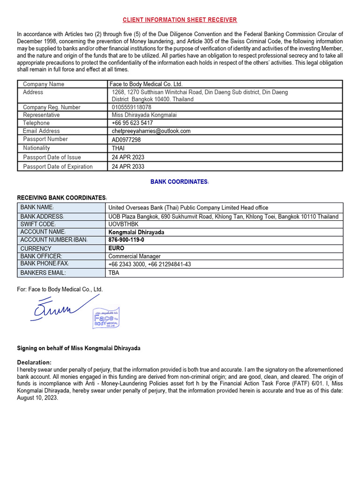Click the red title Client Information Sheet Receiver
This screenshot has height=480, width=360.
tap(180, 20)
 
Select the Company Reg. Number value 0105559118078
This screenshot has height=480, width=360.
tap(131, 107)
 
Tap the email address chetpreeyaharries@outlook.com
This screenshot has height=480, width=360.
tap(151, 131)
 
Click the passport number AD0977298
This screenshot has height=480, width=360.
tap(126, 140)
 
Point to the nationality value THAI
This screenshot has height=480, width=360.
tap(118, 148)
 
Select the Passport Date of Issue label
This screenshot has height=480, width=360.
tap(52, 157)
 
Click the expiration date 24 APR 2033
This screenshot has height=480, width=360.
tap(128, 167)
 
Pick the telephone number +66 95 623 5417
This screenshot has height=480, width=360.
tap(132, 123)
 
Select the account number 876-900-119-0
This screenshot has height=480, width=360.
tap(127, 240)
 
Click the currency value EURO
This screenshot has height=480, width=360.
tap(116, 248)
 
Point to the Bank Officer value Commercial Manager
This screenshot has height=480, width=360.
tap(135, 256)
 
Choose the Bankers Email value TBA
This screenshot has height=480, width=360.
tap(114, 273)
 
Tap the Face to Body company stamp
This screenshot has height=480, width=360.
tap(106, 319)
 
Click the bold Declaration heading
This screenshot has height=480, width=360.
tap(34, 362)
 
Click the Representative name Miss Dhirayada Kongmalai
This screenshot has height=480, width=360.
tap(144, 115)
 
